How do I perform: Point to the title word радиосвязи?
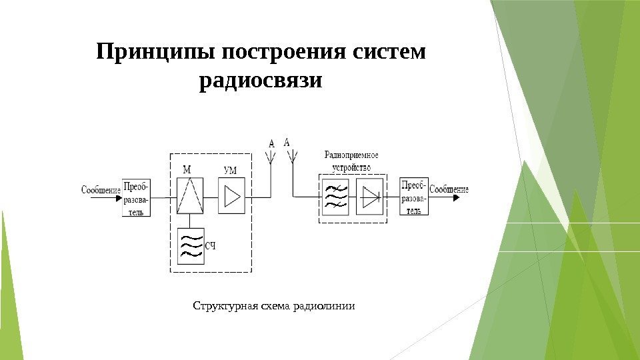(261, 82)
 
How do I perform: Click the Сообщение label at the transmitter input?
(101, 190)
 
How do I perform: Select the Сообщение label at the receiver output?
(449, 189)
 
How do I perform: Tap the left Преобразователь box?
(136, 197)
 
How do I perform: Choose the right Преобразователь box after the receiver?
(414, 197)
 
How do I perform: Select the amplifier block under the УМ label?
(231, 196)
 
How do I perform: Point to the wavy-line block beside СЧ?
(191, 247)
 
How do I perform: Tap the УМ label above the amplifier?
(229, 171)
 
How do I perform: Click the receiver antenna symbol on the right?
(292, 157)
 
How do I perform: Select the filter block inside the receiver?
(335, 196)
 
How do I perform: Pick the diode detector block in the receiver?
(370, 196)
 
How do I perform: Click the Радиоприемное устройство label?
(351, 161)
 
